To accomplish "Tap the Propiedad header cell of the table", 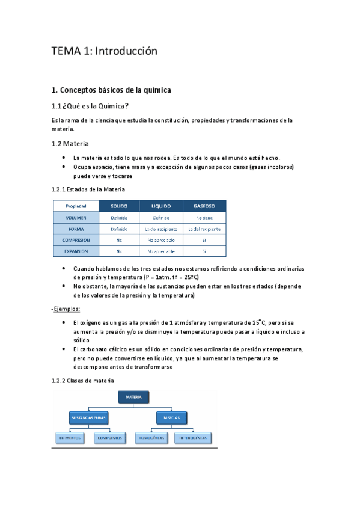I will (75, 206).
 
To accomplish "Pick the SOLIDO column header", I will (118, 206).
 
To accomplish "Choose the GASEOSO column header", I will (204, 206).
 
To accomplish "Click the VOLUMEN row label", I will (75, 217).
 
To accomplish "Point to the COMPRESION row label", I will (75, 239).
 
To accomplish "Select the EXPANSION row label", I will (75, 251).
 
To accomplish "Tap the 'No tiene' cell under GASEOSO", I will (204, 217).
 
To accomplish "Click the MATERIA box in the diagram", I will (133, 398).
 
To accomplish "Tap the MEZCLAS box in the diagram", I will (168, 416).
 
